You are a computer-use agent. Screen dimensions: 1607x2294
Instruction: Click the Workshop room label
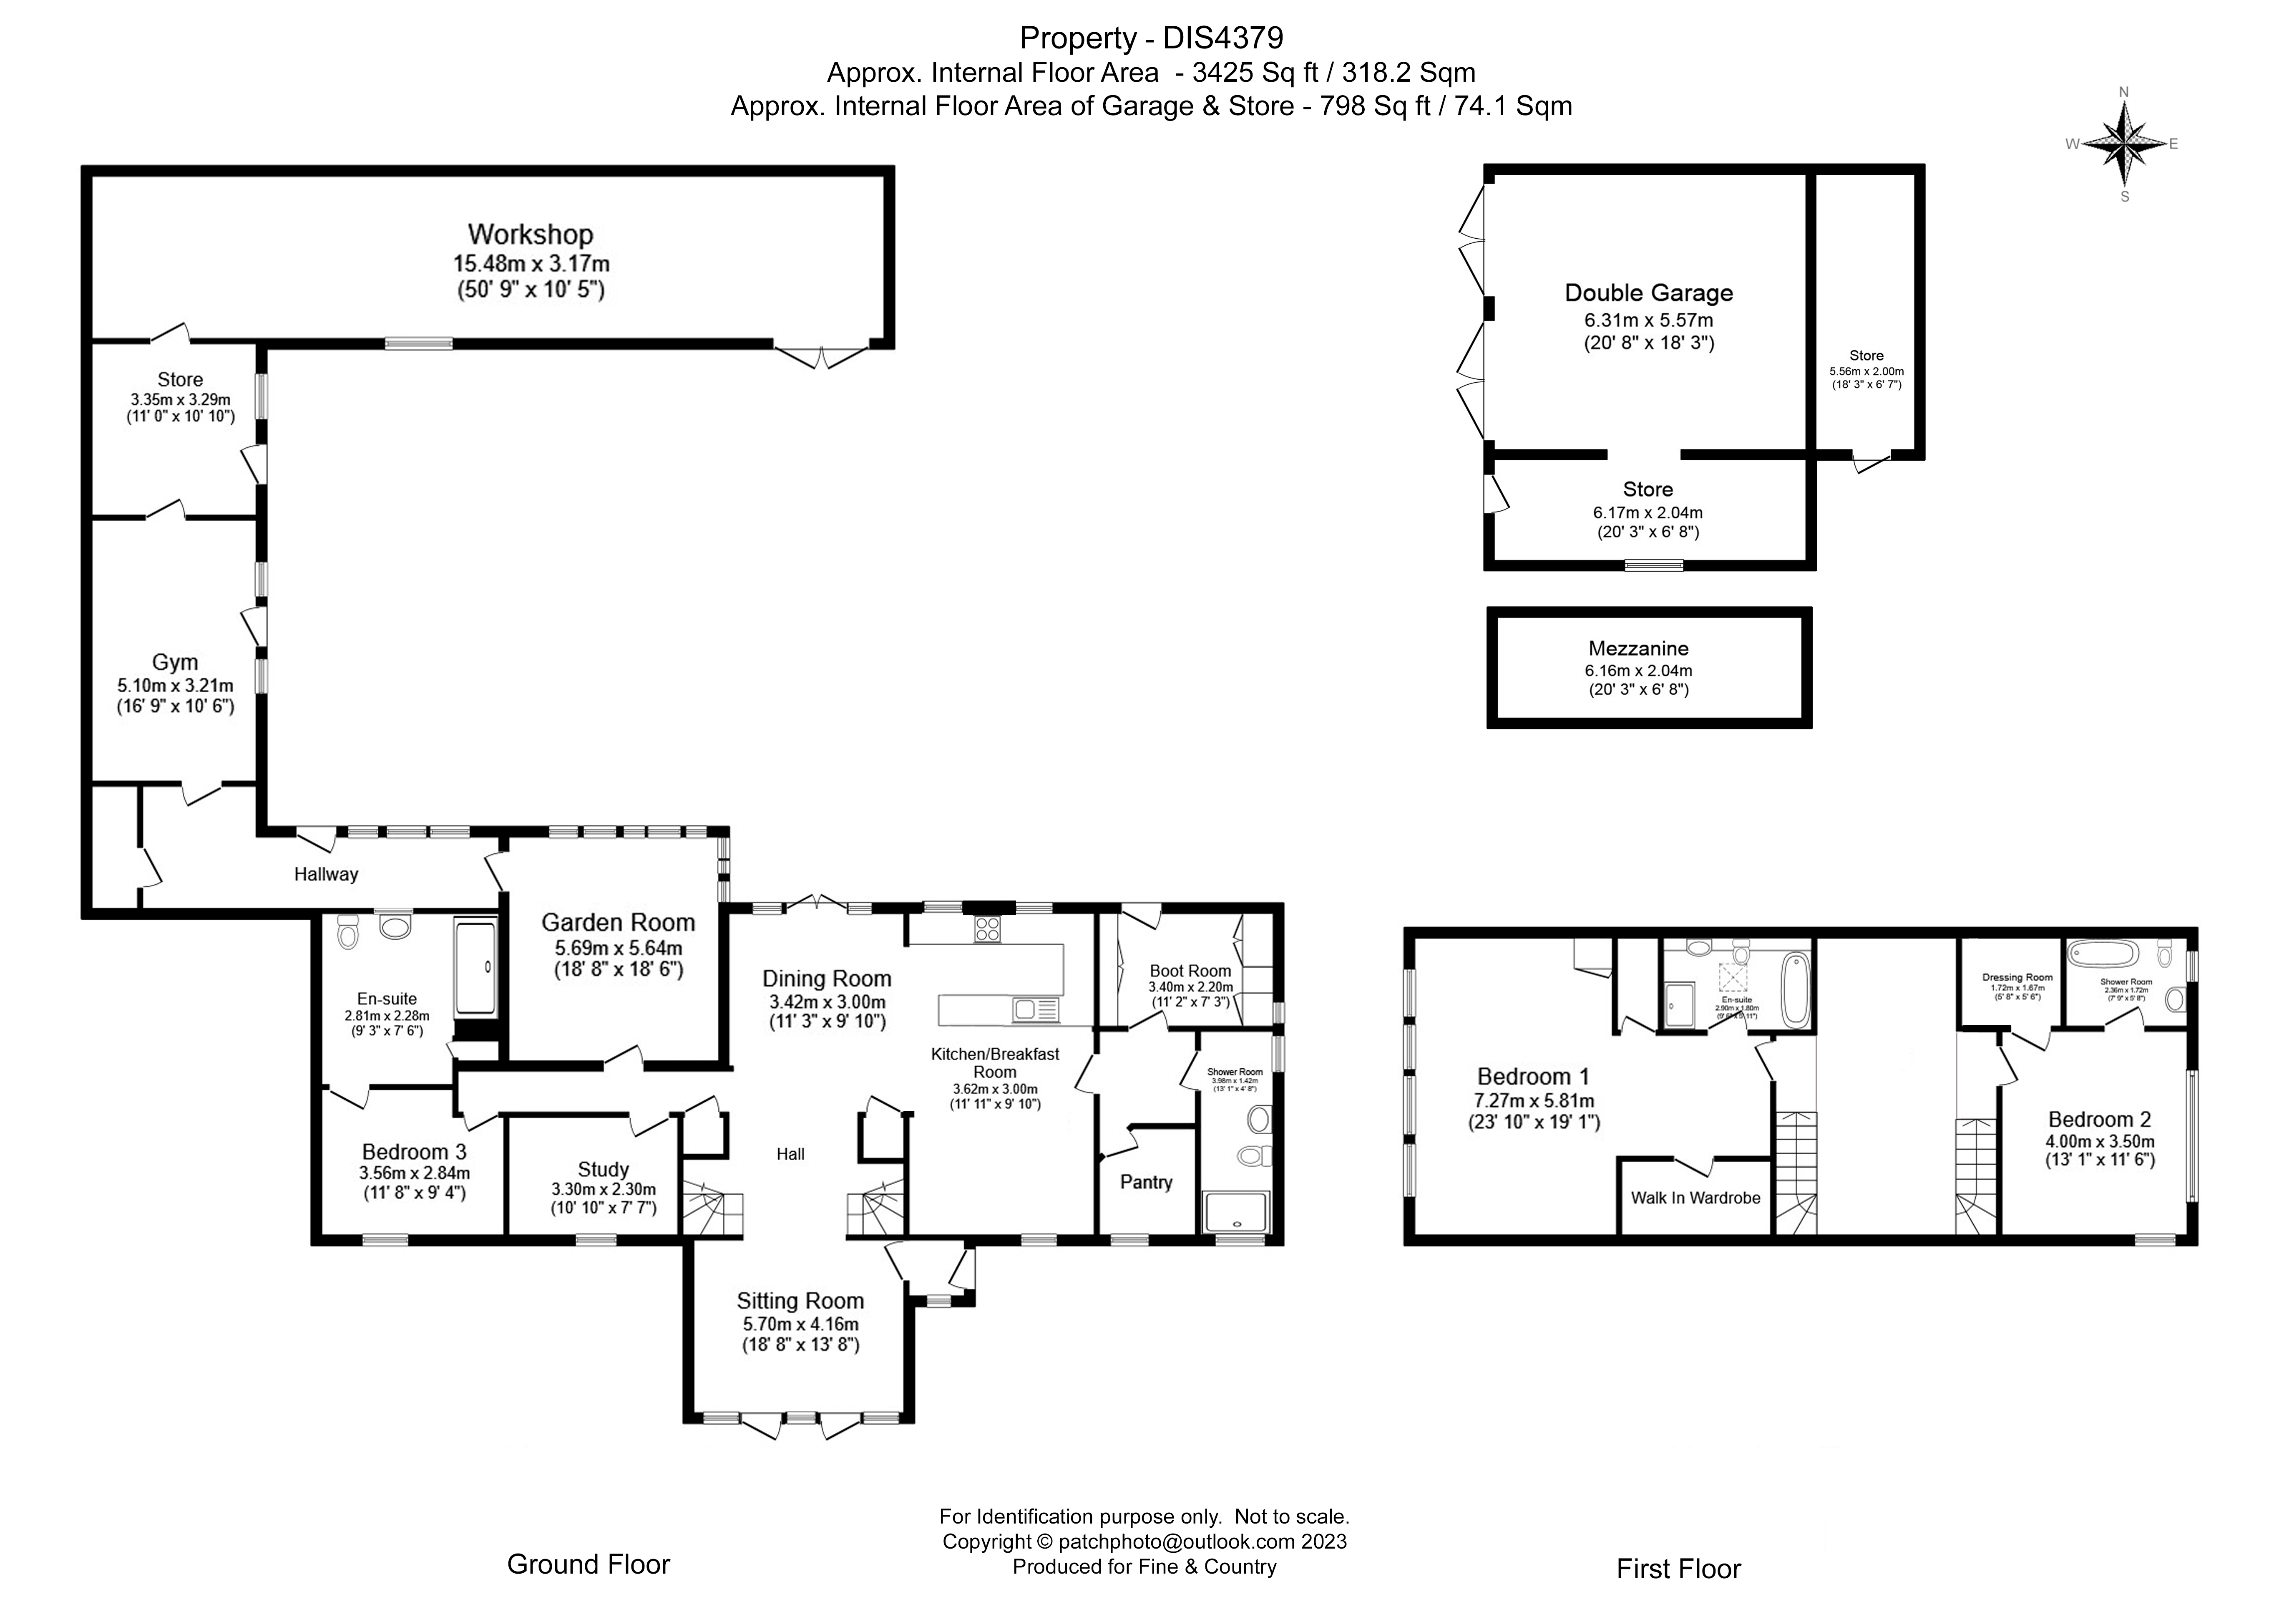tap(531, 235)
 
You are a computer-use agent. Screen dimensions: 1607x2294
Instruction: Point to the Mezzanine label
tap(1639, 648)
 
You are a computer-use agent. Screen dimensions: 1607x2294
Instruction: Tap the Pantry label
tap(1146, 1182)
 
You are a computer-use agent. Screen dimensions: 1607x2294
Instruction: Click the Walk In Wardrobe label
tap(1695, 1197)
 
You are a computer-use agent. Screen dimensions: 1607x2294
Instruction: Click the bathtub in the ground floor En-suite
tap(475, 967)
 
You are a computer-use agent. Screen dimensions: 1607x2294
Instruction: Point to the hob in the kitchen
tap(987, 928)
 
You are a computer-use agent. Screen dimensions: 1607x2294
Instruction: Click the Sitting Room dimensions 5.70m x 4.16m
tap(800, 1324)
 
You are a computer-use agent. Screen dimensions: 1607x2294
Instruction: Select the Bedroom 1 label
tap(1533, 1076)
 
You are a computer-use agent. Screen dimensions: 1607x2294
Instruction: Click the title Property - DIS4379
tap(1151, 38)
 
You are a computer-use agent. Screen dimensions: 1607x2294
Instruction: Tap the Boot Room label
tap(1190, 970)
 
